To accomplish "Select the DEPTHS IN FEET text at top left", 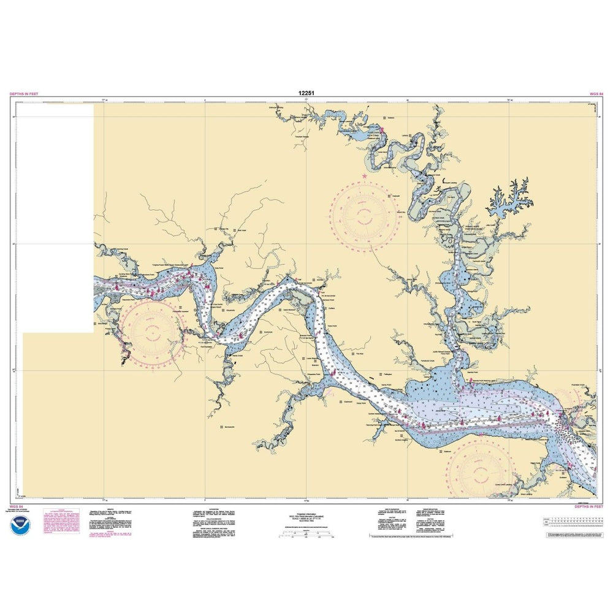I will tap(24, 93).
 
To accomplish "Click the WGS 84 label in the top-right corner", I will tap(596, 93).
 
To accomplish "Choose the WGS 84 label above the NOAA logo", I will tap(17, 507).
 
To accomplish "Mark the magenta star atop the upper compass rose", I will tap(365, 177).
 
